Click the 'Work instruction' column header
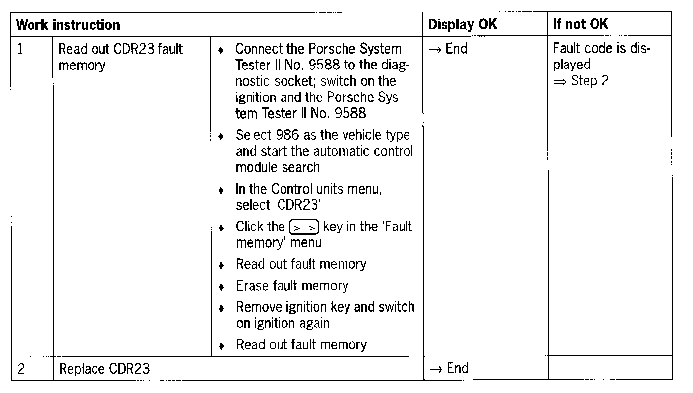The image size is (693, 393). click(x=68, y=25)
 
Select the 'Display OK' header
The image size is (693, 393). click(x=463, y=25)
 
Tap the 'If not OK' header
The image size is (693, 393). click(x=581, y=25)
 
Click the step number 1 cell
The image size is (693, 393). click(x=20, y=49)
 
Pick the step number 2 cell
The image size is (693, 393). click(x=21, y=368)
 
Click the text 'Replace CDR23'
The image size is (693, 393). click(x=104, y=369)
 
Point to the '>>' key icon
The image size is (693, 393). click(x=305, y=227)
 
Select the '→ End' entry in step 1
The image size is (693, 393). click(x=448, y=49)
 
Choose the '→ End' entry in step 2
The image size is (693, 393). click(x=449, y=368)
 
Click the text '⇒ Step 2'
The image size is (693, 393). click(x=581, y=81)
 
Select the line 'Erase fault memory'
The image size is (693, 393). click(x=292, y=286)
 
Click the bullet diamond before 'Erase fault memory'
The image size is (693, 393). click(x=222, y=287)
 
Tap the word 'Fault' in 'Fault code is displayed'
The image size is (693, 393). click(x=567, y=49)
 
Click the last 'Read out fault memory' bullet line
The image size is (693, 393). click(x=301, y=345)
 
